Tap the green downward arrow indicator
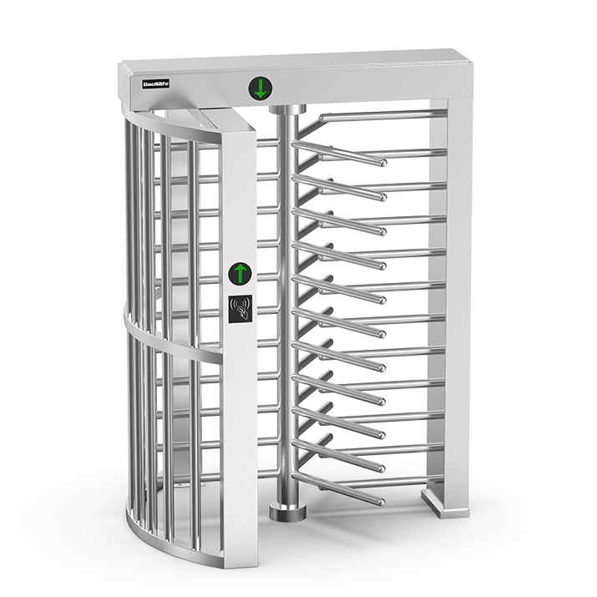[x=261, y=88]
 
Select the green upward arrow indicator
[x=240, y=272]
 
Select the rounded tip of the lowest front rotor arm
[x=380, y=502]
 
